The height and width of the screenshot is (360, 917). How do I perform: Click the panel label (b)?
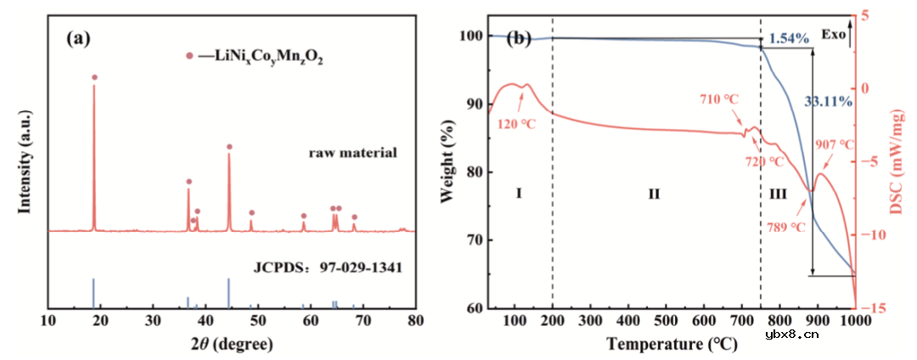[x=519, y=38]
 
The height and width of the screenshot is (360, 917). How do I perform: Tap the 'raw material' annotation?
[x=352, y=154]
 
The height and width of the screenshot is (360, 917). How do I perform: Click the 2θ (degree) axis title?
[x=231, y=344]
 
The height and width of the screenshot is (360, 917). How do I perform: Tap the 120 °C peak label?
[x=517, y=124]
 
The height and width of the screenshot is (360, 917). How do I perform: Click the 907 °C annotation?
[x=834, y=145]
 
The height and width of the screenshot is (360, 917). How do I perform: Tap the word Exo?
[x=835, y=36]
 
